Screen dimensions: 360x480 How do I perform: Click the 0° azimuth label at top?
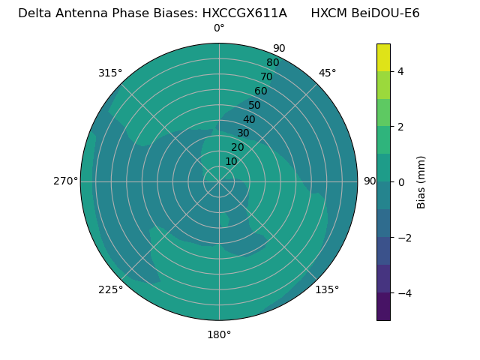[219, 28]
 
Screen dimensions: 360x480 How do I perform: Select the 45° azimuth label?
[327, 73]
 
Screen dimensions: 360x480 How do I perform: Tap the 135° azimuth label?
[327, 289]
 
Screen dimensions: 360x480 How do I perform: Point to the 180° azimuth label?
[219, 334]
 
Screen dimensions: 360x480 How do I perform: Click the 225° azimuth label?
[110, 289]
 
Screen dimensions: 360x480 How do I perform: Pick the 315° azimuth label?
[110, 73]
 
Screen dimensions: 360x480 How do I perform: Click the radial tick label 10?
[231, 161]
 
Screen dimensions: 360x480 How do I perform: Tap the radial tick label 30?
[243, 133]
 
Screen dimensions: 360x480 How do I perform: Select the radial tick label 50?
[255, 106]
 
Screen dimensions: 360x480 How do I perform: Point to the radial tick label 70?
[266, 77]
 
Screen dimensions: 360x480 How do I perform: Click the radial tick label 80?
[272, 63]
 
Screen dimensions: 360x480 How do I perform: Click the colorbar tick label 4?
[400, 72]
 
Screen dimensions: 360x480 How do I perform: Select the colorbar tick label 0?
[400, 182]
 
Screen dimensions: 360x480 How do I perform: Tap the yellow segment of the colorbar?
[383, 58]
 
